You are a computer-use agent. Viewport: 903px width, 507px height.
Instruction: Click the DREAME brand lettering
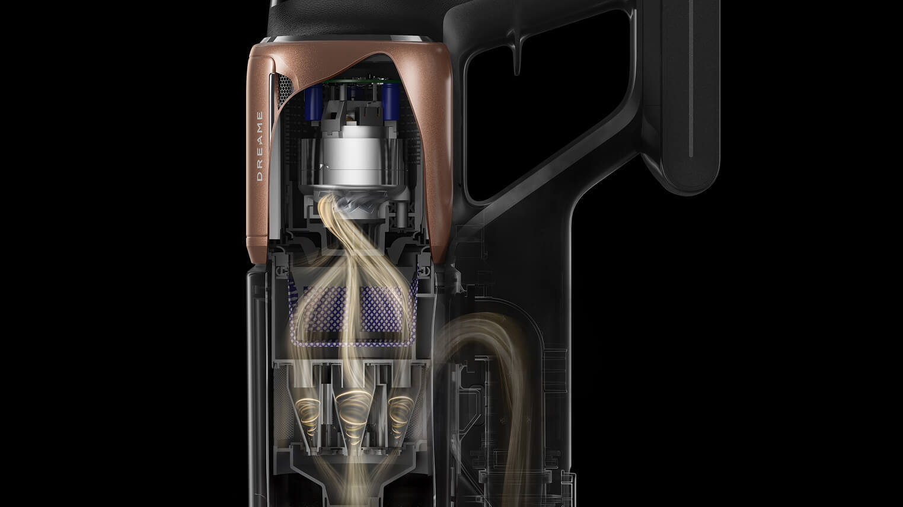[x=260, y=146]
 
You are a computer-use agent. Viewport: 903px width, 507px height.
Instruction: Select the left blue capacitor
[x=313, y=102]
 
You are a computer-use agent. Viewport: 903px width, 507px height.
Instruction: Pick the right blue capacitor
[x=390, y=102]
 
